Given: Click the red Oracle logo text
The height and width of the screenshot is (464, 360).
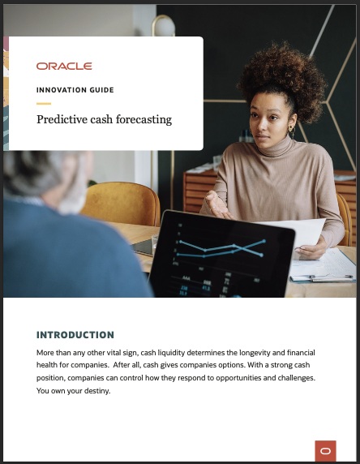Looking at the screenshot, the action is click(x=64, y=66).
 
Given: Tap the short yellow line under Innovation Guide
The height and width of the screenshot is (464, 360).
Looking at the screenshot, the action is click(x=44, y=104).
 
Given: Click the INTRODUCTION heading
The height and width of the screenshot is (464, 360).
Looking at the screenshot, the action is click(x=75, y=335).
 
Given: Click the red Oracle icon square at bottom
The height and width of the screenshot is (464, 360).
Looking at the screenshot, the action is click(x=325, y=451).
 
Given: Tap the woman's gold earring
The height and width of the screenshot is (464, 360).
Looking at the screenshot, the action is click(x=291, y=131).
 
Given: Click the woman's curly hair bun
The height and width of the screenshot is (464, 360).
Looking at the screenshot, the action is click(x=281, y=77).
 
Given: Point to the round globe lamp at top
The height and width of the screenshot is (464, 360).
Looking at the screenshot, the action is click(x=165, y=28).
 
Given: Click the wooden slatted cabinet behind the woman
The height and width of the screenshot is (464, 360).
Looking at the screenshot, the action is click(x=199, y=191).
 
